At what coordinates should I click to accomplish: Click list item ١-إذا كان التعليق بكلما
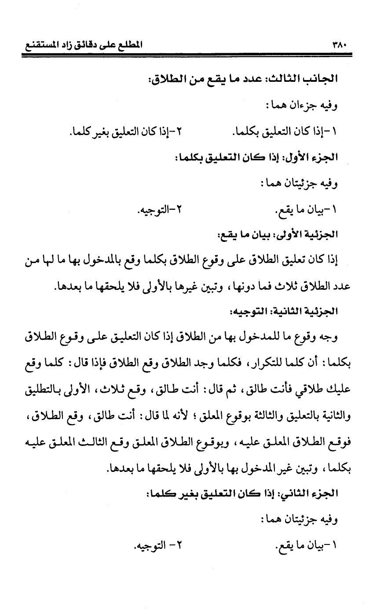(288, 131)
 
